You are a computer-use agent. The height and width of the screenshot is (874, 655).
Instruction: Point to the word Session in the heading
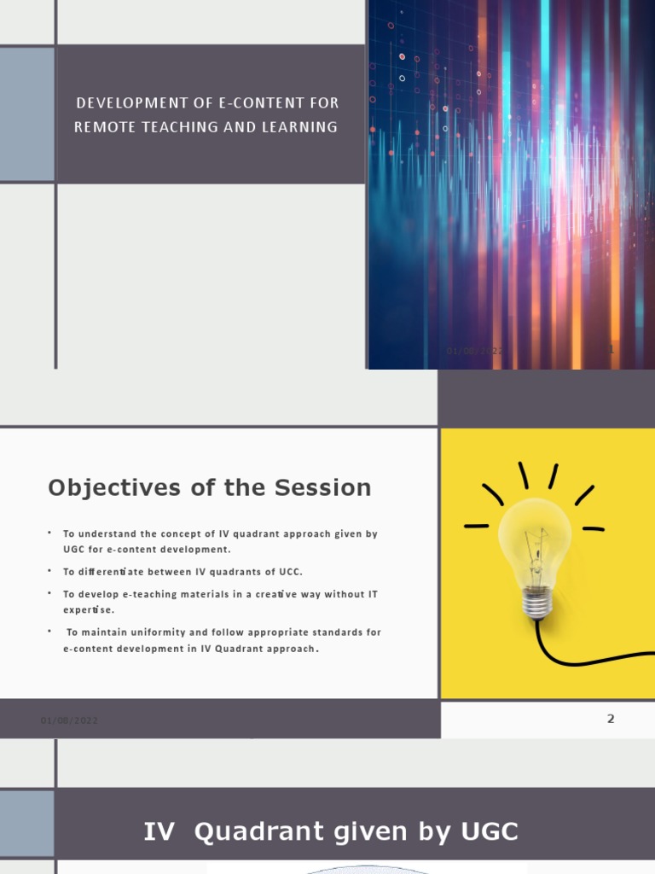click(x=323, y=488)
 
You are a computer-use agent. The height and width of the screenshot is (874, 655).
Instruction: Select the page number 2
click(x=611, y=719)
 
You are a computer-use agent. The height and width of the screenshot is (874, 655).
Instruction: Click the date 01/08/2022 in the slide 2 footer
click(x=69, y=720)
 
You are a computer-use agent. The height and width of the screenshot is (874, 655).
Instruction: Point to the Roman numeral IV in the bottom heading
click(x=159, y=831)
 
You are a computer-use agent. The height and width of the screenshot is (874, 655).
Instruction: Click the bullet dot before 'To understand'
click(x=50, y=533)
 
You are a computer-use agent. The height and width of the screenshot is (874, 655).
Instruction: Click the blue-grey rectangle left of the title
click(x=26, y=114)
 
